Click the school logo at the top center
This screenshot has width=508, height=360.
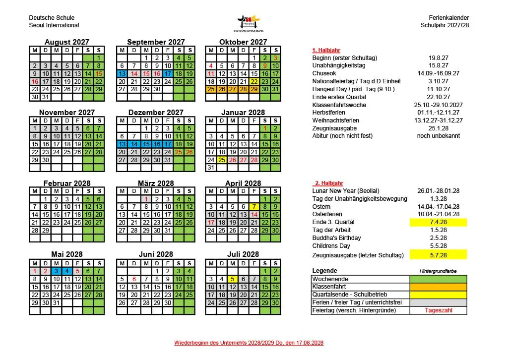(250, 23)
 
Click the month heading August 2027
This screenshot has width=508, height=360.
(67, 42)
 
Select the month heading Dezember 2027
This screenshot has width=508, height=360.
(156, 113)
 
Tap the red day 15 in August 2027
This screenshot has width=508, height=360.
(99, 73)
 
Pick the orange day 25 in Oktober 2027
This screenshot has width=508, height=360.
(210, 89)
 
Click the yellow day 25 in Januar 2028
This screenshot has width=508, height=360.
(221, 160)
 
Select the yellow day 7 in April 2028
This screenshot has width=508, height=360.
(254, 207)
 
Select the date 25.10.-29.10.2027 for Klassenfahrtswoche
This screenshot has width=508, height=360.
(438, 105)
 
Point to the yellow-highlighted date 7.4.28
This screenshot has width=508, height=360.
(438, 222)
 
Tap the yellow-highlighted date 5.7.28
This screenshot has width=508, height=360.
(438, 255)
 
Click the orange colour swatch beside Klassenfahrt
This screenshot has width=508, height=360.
(438, 287)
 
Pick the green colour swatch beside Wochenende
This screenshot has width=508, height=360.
(438, 279)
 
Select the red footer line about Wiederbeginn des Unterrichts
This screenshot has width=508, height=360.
(249, 343)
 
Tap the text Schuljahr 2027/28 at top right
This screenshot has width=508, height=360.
(444, 25)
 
